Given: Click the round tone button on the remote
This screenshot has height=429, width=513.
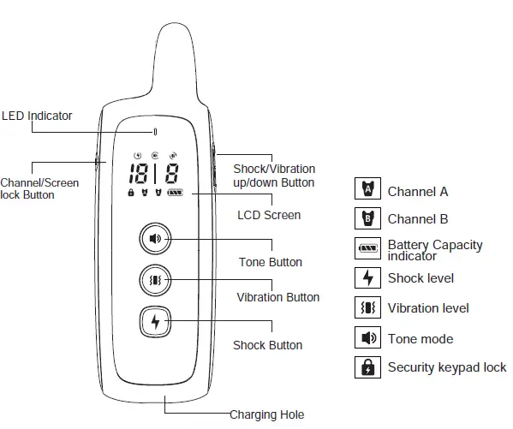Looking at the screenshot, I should pyautogui.click(x=155, y=239).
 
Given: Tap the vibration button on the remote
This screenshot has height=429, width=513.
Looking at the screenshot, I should pyautogui.click(x=155, y=280).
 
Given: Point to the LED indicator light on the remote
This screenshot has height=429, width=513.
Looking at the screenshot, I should pyautogui.click(x=155, y=132).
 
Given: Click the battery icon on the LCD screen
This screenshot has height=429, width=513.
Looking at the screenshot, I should pyautogui.click(x=176, y=194).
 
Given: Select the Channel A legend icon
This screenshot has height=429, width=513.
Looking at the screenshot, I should pyautogui.click(x=367, y=190).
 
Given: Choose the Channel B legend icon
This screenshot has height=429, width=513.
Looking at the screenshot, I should pyautogui.click(x=367, y=217).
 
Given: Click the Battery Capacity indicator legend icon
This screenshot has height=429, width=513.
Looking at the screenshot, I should pyautogui.click(x=367, y=248).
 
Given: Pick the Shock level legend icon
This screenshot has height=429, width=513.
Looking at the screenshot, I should pyautogui.click(x=367, y=277).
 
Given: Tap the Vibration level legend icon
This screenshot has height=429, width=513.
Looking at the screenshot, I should pyautogui.click(x=367, y=307).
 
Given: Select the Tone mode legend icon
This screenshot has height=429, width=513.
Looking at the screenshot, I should pyautogui.click(x=367, y=338).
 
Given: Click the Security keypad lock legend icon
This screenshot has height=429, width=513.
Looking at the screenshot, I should pyautogui.click(x=367, y=367).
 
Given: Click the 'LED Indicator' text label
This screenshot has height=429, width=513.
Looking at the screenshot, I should pyautogui.click(x=37, y=116).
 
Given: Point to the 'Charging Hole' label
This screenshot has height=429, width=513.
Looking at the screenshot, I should pyautogui.click(x=266, y=415).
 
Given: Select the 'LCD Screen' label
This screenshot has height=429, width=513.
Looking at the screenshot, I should pyautogui.click(x=268, y=215).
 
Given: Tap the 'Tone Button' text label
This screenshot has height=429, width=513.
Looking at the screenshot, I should pyautogui.click(x=270, y=262).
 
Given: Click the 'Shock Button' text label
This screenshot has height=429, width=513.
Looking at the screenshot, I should pyautogui.click(x=267, y=345).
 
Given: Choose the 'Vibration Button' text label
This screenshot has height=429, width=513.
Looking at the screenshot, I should pyautogui.click(x=277, y=297).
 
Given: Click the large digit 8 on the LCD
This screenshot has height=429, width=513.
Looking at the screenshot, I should pyautogui.click(x=172, y=175).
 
